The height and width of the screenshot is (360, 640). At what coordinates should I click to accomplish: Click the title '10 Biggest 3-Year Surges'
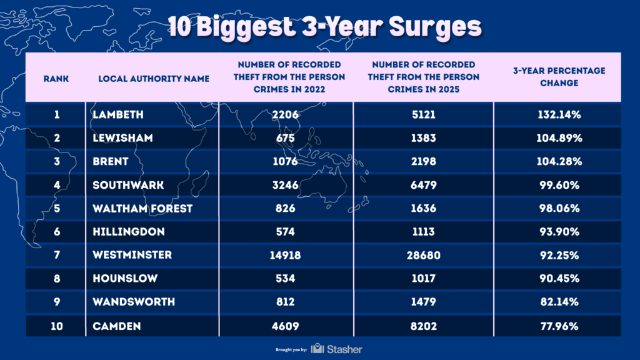[320, 27]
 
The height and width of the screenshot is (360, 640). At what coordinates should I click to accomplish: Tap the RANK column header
[56, 79]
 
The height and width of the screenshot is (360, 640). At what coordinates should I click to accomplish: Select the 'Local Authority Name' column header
[154, 79]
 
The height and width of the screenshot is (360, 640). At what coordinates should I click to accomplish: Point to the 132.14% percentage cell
[559, 114]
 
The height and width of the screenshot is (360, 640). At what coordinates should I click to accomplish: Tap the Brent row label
[110, 161]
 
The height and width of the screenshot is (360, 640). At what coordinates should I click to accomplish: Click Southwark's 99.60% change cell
[559, 185]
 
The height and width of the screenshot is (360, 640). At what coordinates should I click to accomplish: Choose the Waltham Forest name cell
[142, 208]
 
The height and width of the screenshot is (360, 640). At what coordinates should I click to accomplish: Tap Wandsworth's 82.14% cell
[559, 302]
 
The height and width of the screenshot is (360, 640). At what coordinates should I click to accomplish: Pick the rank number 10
[56, 326]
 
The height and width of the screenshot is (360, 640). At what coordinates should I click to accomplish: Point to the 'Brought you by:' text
[291, 349]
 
